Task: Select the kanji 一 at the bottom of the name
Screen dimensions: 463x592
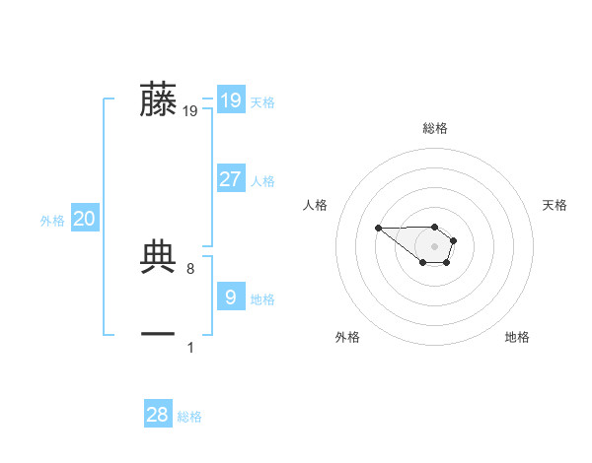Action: (158, 335)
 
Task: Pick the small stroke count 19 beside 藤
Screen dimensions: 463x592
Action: (190, 111)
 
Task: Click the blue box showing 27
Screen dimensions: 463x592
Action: (230, 179)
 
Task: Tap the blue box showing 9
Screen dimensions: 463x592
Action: (230, 298)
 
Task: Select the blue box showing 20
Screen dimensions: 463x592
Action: (84, 220)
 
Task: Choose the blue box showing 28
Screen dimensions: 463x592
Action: (157, 415)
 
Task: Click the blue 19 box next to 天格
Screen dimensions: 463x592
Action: (230, 100)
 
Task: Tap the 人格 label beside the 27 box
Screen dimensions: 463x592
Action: (262, 181)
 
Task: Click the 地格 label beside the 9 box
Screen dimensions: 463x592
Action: (262, 299)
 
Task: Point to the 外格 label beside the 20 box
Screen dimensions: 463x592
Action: (52, 221)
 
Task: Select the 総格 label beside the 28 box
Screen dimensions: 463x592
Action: (189, 417)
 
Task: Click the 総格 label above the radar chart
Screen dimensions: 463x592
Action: (435, 128)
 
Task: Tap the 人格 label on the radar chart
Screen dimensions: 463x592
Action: (316, 205)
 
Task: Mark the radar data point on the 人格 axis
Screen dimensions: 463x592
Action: (379, 229)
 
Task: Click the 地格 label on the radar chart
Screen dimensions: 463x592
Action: (517, 337)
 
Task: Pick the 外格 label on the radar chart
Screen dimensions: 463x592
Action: (347, 337)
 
